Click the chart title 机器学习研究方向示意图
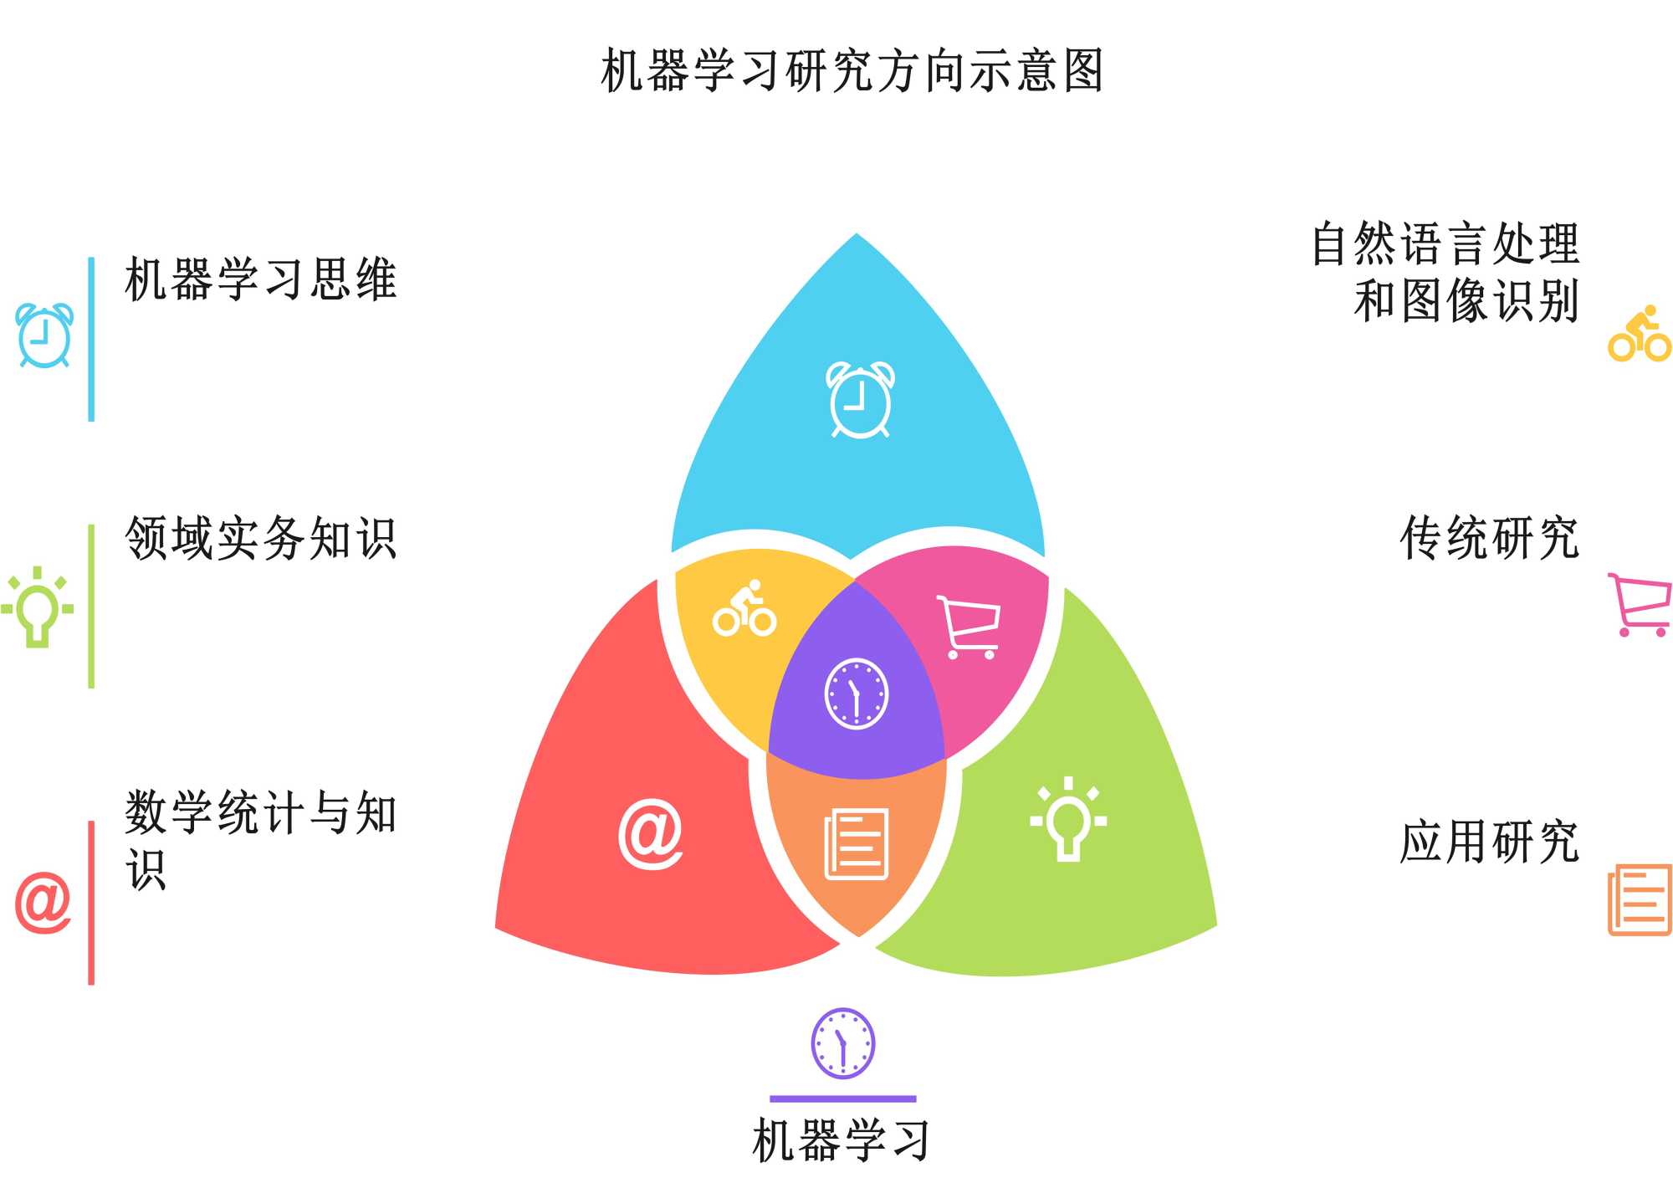pos(852,70)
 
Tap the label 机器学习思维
pos(260,279)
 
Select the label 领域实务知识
pos(260,538)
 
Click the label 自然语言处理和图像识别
pos(1445,272)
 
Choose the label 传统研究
pos(1489,538)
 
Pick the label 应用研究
pos(1489,842)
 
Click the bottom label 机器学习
pos(842,1139)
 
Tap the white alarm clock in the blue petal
pos(860,399)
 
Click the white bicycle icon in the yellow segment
pos(744,609)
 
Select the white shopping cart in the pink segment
pos(969,627)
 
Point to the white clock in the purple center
pos(857,694)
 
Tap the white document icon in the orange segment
pos(857,843)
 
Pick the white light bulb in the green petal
pos(1068,818)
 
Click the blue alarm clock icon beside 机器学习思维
pos(45,335)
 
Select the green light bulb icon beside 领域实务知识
pos(38,607)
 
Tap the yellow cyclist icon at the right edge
pos(1640,335)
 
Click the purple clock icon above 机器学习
pos(843,1043)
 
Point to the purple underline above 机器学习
pos(843,1098)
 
